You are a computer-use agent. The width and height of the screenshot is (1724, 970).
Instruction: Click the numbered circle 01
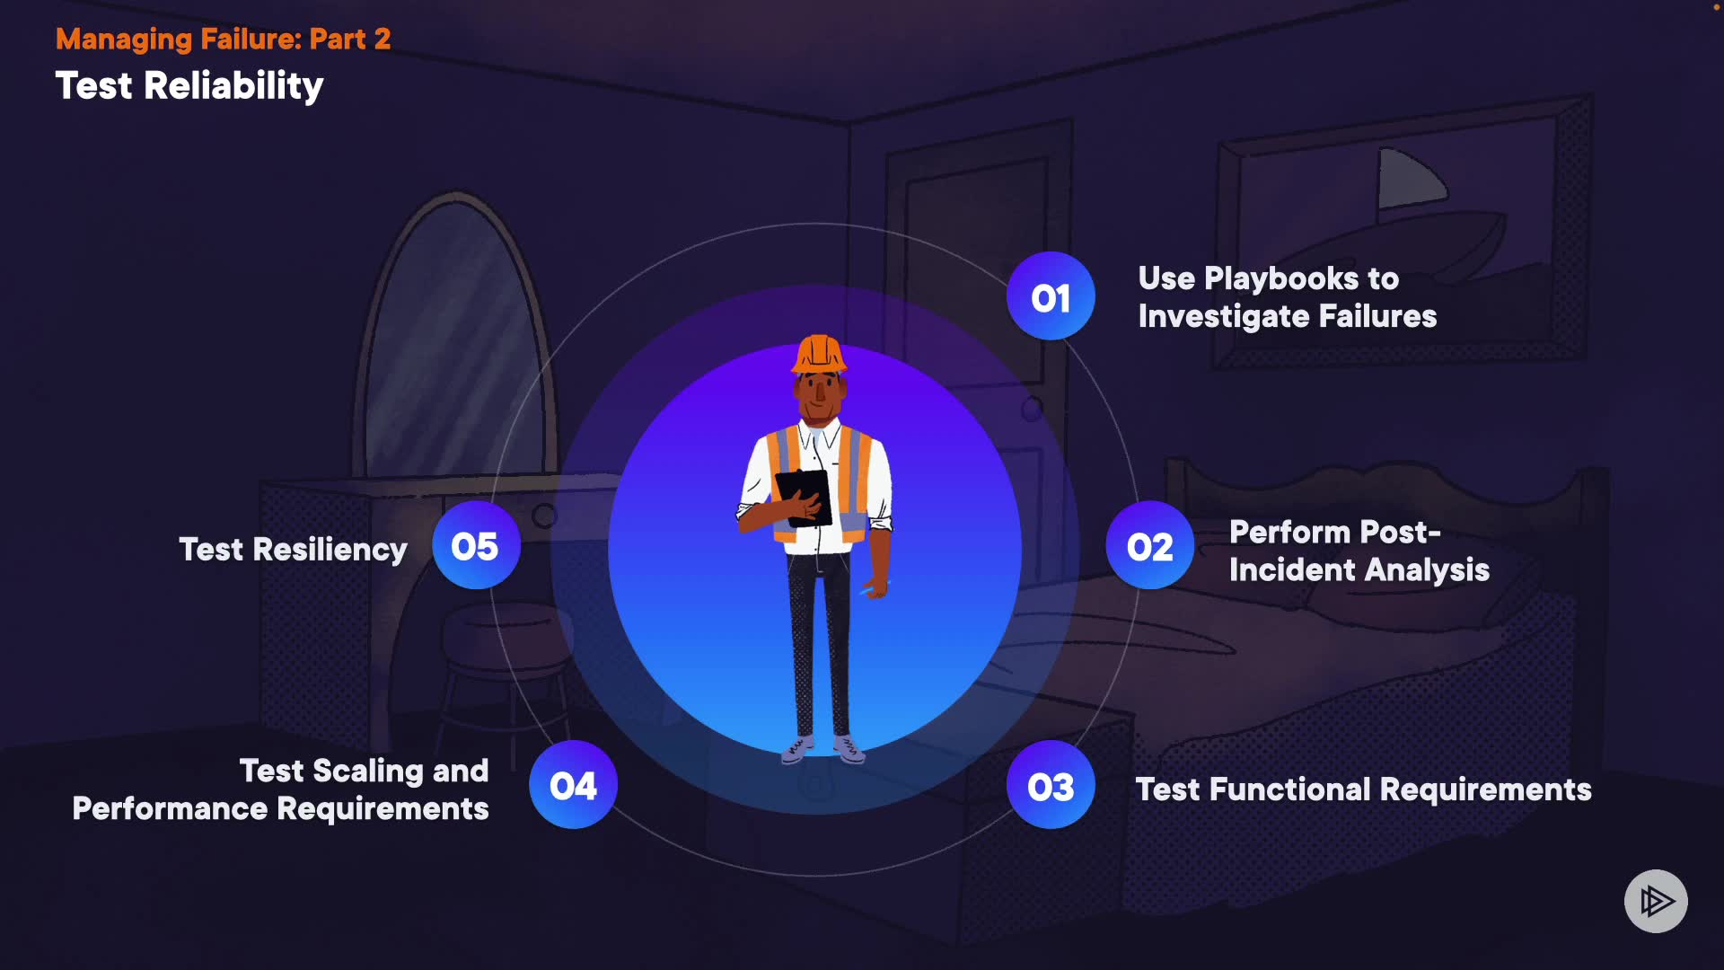(1050, 296)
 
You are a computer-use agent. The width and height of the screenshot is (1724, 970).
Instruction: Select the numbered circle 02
(1149, 546)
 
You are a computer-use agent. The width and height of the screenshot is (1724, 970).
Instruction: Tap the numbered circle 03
(1050, 786)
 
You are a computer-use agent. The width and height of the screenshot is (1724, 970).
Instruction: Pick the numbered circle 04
(573, 785)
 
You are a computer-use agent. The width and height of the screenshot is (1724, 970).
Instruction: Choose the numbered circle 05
(475, 545)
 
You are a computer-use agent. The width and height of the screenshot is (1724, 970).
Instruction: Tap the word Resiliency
(330, 549)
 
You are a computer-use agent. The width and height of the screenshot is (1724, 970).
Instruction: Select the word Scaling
(368, 771)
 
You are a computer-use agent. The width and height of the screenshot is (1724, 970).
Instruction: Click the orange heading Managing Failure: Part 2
(223, 39)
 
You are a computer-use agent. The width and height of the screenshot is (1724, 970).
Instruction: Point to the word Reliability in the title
(233, 86)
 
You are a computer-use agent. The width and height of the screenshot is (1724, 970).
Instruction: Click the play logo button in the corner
(1655, 901)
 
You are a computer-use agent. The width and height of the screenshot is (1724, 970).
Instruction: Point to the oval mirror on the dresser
(453, 341)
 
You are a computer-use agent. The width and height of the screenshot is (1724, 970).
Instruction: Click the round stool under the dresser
(503, 638)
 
